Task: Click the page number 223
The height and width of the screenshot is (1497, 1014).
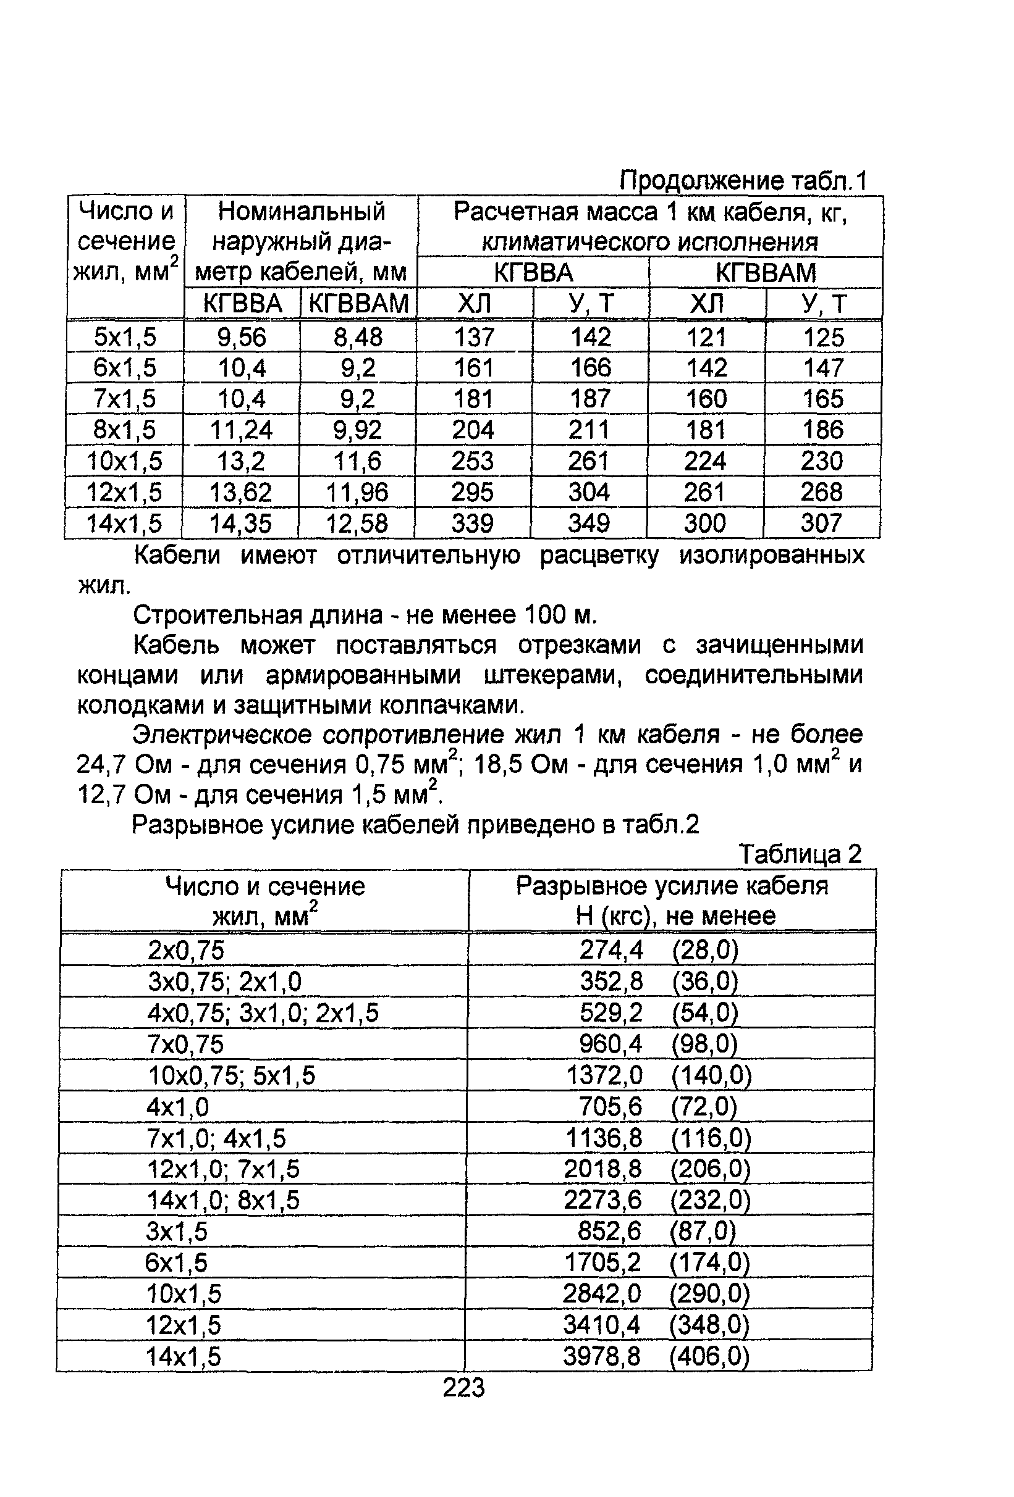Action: click(463, 1387)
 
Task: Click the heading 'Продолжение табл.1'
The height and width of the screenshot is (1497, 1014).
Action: click(743, 181)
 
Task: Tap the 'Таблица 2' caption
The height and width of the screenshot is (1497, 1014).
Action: click(800, 854)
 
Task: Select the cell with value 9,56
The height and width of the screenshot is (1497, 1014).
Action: click(242, 337)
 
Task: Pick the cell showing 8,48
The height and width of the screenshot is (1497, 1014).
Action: click(358, 337)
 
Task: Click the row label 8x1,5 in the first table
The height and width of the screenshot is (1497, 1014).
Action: click(124, 430)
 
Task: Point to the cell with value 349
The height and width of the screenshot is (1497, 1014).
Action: click(588, 522)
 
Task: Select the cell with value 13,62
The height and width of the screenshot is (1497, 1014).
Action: click(240, 492)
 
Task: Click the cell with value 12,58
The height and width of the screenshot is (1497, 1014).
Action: click(357, 522)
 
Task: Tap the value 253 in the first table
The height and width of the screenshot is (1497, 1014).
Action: click(473, 461)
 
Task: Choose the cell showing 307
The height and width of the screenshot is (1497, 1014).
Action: click(821, 522)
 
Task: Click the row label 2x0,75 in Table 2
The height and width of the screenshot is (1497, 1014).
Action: click(185, 950)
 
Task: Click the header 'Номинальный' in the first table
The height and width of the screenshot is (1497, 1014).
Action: click(301, 211)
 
